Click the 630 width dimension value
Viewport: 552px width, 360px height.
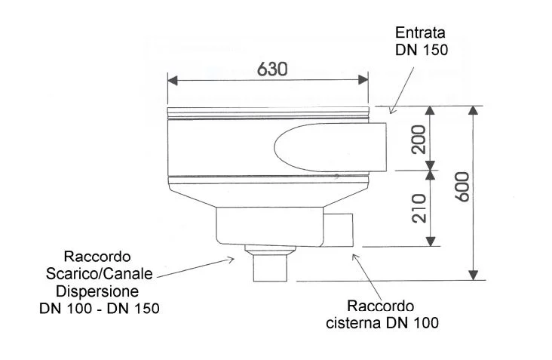[272, 69]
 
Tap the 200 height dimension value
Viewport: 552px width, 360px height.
[419, 140]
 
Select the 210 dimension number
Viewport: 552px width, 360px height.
[419, 208]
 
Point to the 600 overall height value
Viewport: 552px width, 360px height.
[462, 186]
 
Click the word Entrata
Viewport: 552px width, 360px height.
[420, 32]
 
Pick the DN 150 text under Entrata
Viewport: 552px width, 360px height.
[422, 50]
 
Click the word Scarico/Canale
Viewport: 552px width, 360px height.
[100, 274]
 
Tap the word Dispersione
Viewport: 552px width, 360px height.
[97, 291]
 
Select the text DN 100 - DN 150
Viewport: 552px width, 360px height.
[100, 309]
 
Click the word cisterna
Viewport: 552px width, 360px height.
[354, 323]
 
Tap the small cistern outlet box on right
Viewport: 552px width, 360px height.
[338, 230]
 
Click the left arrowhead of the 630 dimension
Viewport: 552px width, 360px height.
[173, 80]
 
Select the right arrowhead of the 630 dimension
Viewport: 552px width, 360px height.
[363, 80]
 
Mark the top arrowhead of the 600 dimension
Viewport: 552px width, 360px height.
[474, 110]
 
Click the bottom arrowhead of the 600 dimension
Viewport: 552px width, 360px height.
[474, 275]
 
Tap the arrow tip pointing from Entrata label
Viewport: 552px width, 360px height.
[391, 113]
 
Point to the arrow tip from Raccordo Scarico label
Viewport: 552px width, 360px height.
[234, 260]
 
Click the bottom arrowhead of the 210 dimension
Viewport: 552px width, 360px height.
[430, 242]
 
